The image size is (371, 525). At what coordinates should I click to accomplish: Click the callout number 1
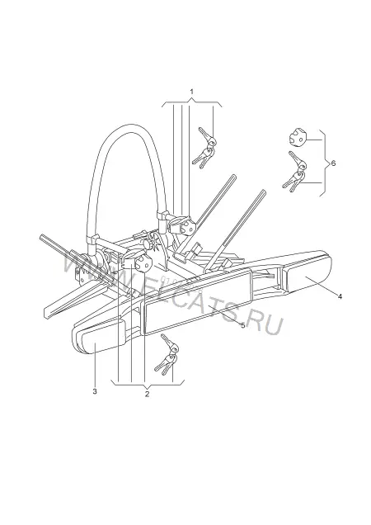pyautogui.click(x=192, y=92)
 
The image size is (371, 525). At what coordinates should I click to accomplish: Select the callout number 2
pyautogui.click(x=148, y=394)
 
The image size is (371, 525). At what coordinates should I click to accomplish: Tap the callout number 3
pyautogui.click(x=95, y=391)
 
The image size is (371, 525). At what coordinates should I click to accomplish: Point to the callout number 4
pyautogui.click(x=340, y=296)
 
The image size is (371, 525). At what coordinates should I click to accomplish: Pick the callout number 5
pyautogui.click(x=243, y=325)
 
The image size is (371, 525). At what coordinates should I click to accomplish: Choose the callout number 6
pyautogui.click(x=333, y=163)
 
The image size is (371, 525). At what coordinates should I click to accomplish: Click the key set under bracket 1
pyautogui.click(x=204, y=147)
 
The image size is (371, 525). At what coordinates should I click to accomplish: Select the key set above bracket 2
pyautogui.click(x=167, y=354)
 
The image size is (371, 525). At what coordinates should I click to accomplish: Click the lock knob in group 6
pyautogui.click(x=298, y=138)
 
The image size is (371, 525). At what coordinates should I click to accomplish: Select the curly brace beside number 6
pyautogui.click(x=324, y=163)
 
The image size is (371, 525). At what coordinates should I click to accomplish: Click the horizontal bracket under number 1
pyautogui.click(x=192, y=102)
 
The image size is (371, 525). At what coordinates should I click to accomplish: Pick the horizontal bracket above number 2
pyautogui.click(x=148, y=383)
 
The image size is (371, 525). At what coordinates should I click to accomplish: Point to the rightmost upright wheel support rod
pyautogui.click(x=234, y=230)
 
